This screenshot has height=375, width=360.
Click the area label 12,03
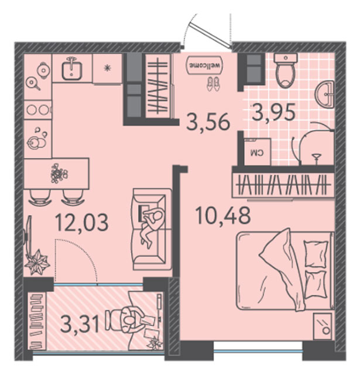coord(82,223)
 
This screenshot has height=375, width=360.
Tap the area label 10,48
coord(223,215)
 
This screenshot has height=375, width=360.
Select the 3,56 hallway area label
coord(208,122)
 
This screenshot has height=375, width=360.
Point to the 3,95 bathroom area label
coord(273,112)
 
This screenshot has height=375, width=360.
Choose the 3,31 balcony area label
coord(80,323)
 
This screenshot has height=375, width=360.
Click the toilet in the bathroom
coord(286,70)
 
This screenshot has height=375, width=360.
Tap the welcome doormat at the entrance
coord(204,65)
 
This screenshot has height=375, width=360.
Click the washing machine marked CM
coord(258,151)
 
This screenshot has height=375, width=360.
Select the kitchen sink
coord(72,68)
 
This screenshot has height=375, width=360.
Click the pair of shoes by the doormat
coord(213,84)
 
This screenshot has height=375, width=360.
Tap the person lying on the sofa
coord(152,225)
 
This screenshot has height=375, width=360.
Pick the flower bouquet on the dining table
coord(59,173)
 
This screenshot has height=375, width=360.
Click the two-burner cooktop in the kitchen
coord(37,110)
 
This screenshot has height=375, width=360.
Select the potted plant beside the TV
coord(37,262)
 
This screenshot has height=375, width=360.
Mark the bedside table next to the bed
coord(323,326)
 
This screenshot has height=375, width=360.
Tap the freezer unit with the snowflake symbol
coord(108,69)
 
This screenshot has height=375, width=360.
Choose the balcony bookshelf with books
coord(37,321)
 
